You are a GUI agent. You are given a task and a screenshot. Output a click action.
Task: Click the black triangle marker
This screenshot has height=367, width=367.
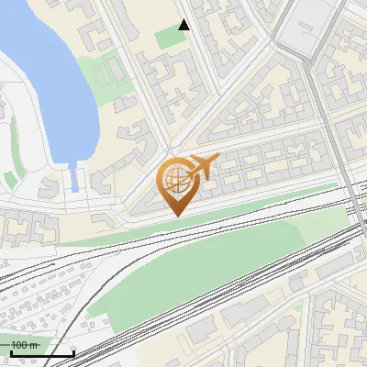pyautogui.click(x=184, y=25)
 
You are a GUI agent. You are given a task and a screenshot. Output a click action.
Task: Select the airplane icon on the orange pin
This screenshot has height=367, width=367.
pyautogui.click(x=204, y=167)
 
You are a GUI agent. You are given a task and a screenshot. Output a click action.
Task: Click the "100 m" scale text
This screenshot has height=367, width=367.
pyautogui.click(x=25, y=345)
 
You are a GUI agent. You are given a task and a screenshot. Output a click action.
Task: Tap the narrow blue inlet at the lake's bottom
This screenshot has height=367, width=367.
pyautogui.click(x=71, y=177)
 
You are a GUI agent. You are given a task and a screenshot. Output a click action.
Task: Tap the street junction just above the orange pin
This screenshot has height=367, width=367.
pyautogui.click(x=171, y=151)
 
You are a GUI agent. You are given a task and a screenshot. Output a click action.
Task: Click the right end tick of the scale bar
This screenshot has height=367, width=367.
pyautogui.click(x=73, y=351)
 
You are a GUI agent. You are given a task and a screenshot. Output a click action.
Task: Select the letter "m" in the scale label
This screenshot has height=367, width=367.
pyautogui.click(x=35, y=345)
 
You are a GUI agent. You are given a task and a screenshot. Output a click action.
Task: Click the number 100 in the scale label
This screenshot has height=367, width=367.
pyautogui.click(x=20, y=345)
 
